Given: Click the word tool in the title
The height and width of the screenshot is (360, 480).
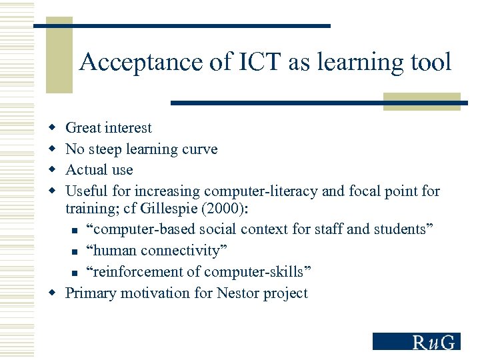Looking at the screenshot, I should click(431, 63).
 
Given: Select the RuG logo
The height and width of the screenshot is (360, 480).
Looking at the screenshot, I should click(417, 341).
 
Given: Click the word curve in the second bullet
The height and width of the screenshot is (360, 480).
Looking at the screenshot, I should click(199, 149).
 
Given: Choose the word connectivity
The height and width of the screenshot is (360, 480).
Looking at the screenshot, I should click(181, 251).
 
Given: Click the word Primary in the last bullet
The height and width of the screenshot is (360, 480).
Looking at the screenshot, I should click(89, 293).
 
